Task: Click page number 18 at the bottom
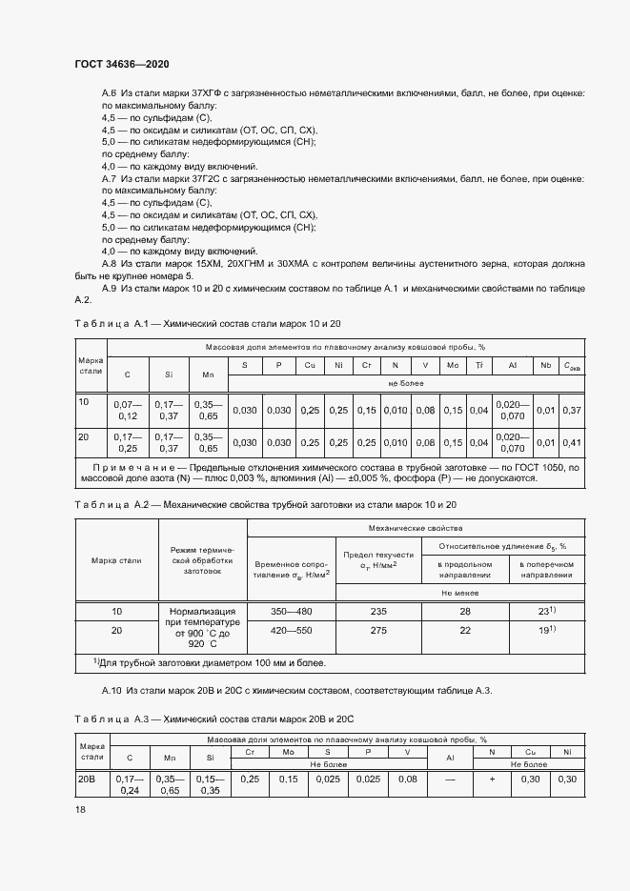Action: pyautogui.click(x=79, y=810)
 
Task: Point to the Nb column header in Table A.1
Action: pyautogui.click(x=545, y=365)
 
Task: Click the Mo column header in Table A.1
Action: pyautogui.click(x=453, y=365)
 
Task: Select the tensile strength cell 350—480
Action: pyautogui.click(x=292, y=612)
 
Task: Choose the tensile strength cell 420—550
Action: pyautogui.click(x=292, y=630)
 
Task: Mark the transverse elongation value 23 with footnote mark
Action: pyautogui.click(x=572, y=612)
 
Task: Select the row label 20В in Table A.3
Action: pyautogui.click(x=87, y=779)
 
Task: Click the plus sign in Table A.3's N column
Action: pyautogui.click(x=491, y=779)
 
